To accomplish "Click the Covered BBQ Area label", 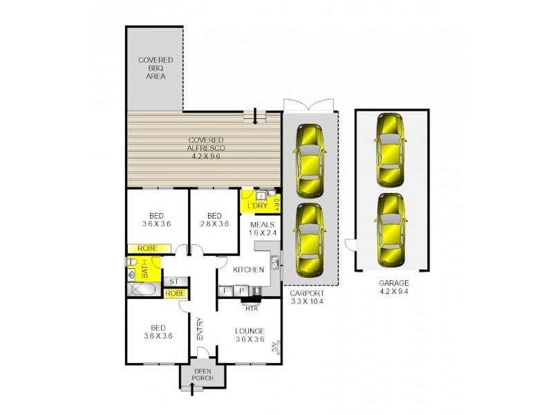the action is [x=156, y=68].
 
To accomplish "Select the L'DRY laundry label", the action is [x=257, y=205].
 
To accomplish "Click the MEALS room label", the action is [x=263, y=224].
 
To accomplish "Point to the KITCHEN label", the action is [x=249, y=270].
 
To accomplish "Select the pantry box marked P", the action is [x=242, y=290].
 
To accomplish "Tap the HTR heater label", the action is [x=252, y=308].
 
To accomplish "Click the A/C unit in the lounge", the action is [x=277, y=347].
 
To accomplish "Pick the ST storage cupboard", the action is [x=174, y=282].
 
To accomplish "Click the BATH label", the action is [x=145, y=268].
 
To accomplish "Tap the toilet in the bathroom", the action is [x=131, y=262].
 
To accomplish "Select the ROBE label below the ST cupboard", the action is [x=176, y=293].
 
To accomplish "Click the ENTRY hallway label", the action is [x=200, y=329].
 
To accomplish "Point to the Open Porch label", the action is [x=203, y=375].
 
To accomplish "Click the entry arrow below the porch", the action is [x=192, y=389].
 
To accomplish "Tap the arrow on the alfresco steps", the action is [x=254, y=118].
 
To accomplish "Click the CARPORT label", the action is [x=307, y=293].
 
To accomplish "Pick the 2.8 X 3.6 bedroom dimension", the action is [x=214, y=223].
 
